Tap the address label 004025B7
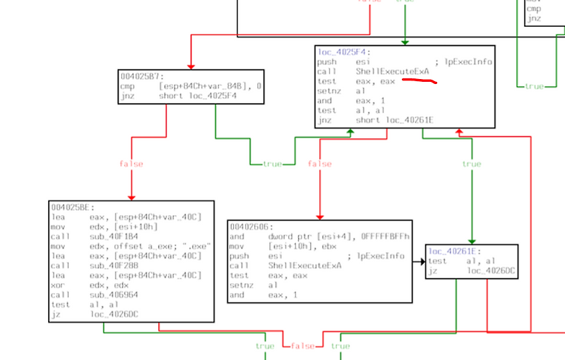coord(140,76)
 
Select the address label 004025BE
coord(70,208)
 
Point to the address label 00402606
coord(249,227)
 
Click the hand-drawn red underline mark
coord(420,82)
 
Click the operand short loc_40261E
coord(395,120)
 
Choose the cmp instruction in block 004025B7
coord(185,86)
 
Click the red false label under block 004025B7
coord(131,164)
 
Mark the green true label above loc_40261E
coord(471,164)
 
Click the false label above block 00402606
coord(319,164)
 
